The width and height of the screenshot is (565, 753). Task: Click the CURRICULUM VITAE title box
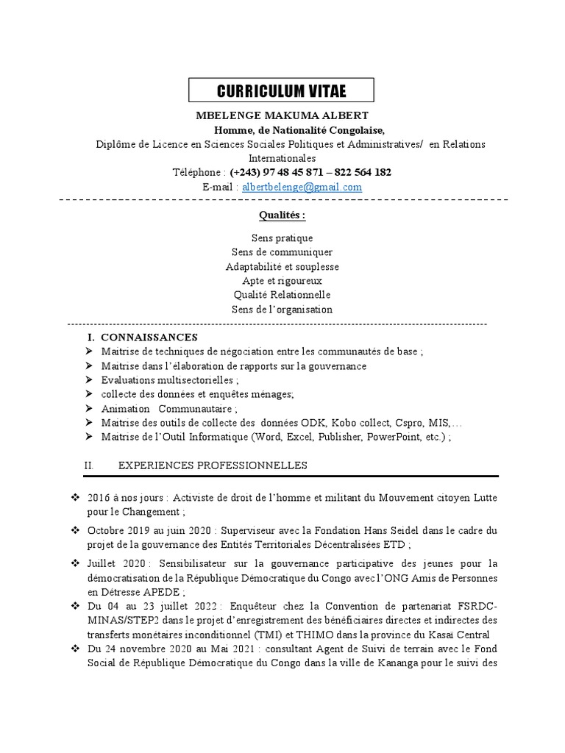click(x=282, y=91)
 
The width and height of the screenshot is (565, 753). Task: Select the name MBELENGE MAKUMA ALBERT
click(x=282, y=116)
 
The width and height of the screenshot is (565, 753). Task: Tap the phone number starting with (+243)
click(x=310, y=172)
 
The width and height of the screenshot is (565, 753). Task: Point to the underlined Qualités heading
click(x=282, y=216)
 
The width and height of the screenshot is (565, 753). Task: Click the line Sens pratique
click(x=282, y=238)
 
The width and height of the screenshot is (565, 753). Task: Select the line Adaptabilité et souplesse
click(x=282, y=267)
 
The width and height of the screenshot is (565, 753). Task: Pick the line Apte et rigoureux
click(x=282, y=281)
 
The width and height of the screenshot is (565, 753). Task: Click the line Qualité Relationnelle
click(x=282, y=295)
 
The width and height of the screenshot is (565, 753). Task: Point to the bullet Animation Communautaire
click(x=169, y=408)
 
